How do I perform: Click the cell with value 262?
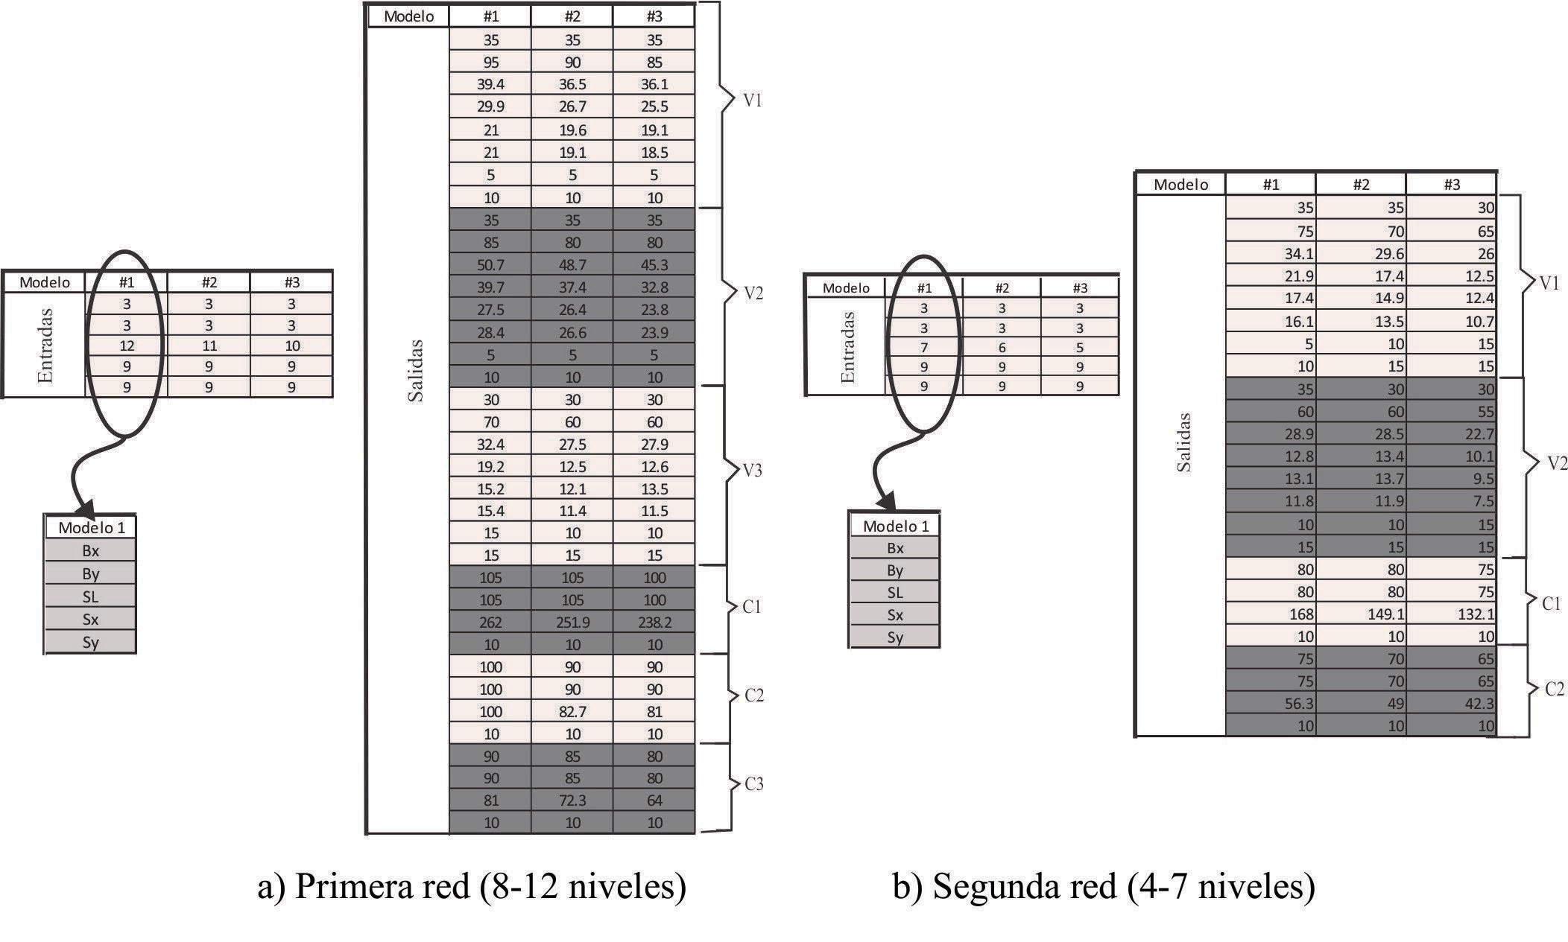click(x=490, y=622)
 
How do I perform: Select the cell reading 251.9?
click(x=572, y=622)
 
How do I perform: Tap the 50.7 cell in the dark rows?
click(x=490, y=264)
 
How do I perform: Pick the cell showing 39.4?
click(x=490, y=84)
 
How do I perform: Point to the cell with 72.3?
click(x=572, y=801)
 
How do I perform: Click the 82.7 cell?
click(x=572, y=711)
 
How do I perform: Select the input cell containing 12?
click(x=127, y=346)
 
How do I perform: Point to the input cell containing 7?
click(x=924, y=347)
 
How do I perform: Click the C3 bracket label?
click(x=753, y=784)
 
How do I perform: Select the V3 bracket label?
click(x=753, y=471)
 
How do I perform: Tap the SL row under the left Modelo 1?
click(x=90, y=596)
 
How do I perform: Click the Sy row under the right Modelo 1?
click(x=895, y=637)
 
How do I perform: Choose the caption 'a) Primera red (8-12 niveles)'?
click(x=472, y=886)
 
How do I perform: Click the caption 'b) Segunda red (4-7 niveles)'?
click(x=1104, y=886)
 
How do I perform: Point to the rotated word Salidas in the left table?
click(x=416, y=371)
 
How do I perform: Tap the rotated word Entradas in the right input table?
click(x=847, y=347)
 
